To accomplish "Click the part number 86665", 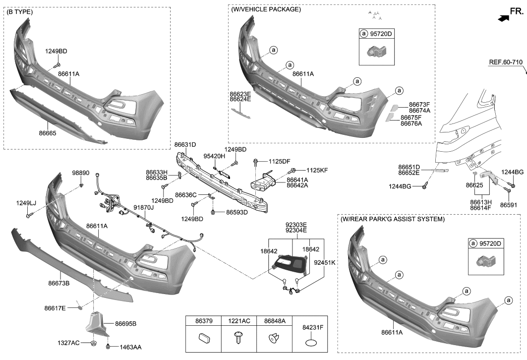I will (48, 133).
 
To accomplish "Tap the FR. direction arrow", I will (503, 18).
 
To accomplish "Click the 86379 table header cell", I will (200, 321).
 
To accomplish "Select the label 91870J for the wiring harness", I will (143, 208).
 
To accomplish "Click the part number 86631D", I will (185, 145).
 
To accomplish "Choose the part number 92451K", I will (325, 262).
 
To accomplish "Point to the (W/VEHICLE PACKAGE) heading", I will (266, 9).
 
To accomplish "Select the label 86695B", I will (125, 324).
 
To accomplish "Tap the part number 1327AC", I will (68, 343).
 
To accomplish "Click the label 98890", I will (81, 173).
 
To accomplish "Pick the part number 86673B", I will (59, 283).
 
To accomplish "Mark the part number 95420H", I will (214, 156).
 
